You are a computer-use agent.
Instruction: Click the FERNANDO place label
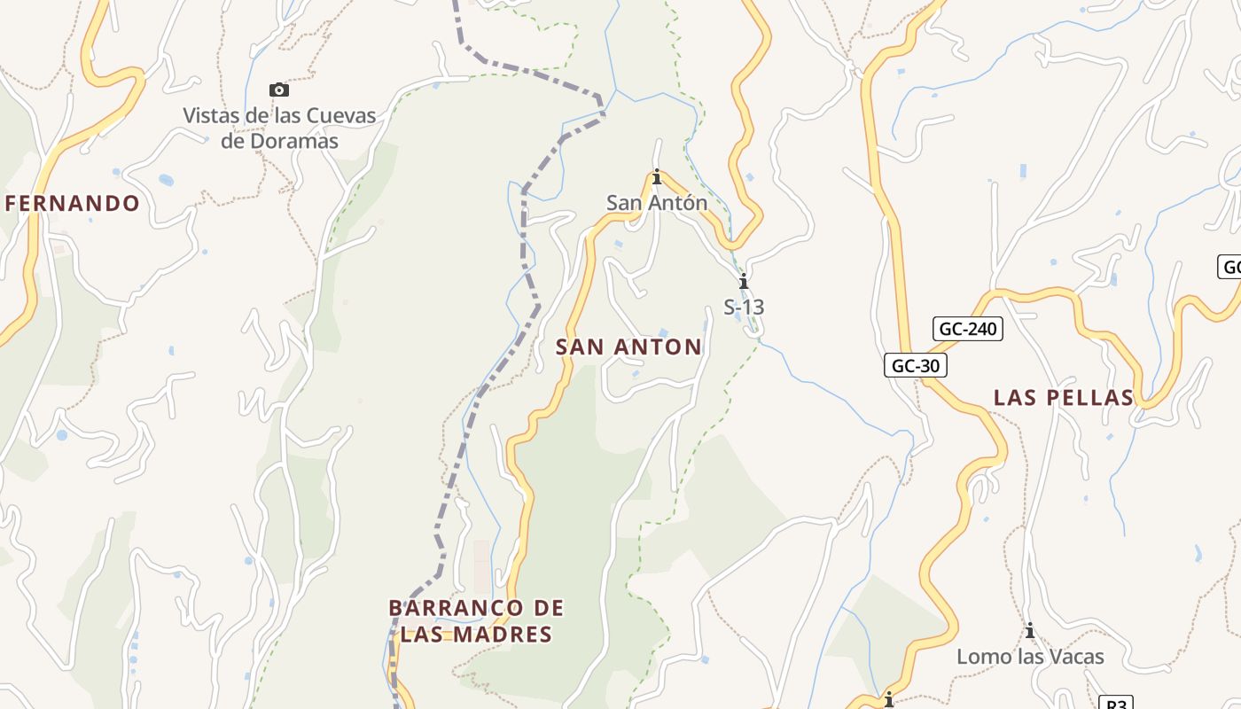tap(73, 204)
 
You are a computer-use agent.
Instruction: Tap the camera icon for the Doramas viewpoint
tap(279, 90)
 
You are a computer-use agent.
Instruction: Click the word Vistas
tap(211, 116)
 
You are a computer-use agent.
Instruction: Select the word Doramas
tap(293, 141)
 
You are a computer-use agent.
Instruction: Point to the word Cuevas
tap(340, 116)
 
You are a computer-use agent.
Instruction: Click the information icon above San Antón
tap(657, 177)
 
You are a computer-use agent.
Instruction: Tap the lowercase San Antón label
tap(657, 203)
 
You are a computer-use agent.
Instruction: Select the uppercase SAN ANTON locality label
tap(628, 347)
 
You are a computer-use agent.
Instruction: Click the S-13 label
tap(744, 308)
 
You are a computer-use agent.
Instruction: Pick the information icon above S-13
tap(744, 282)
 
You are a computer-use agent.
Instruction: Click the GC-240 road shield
tap(968, 329)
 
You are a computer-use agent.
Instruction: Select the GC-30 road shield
tap(916, 365)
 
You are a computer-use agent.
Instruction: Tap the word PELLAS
tap(1092, 398)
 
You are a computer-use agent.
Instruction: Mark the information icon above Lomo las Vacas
tap(1030, 631)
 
